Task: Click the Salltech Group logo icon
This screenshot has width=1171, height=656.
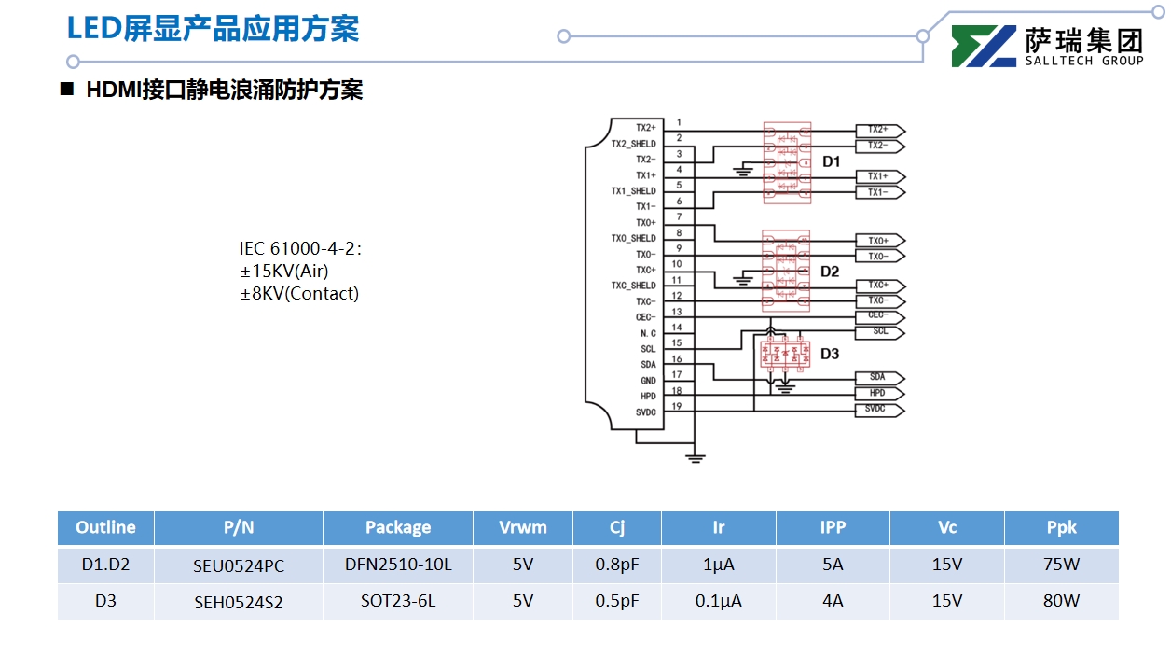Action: [x=984, y=47]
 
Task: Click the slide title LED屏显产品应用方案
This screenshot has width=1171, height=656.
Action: [x=213, y=28]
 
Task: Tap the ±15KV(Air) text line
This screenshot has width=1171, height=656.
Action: [x=284, y=271]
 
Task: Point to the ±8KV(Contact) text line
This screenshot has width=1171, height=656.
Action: [x=299, y=293]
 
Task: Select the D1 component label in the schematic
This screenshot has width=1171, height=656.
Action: [x=831, y=161]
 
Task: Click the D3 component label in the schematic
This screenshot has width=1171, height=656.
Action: [x=830, y=354]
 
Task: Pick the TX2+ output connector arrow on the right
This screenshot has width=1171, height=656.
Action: [x=879, y=130]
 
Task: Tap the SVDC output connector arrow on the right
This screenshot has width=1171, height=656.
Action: [x=878, y=409]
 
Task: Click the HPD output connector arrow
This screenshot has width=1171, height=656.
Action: [x=878, y=393]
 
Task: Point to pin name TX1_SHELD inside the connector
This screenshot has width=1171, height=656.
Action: [x=633, y=191]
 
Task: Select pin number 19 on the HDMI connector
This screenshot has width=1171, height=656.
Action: [x=677, y=406]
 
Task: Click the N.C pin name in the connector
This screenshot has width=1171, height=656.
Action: [x=647, y=333]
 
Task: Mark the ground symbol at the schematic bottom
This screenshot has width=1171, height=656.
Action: [x=695, y=457]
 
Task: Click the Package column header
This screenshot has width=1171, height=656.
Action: [x=398, y=527]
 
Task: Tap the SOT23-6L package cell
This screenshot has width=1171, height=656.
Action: [x=398, y=601]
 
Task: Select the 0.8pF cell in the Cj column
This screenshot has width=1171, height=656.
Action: [x=617, y=565]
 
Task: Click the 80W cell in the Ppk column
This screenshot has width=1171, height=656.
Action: [x=1061, y=601]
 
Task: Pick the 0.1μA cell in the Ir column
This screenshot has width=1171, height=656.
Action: [x=718, y=601]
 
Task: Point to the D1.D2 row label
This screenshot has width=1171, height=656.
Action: [x=105, y=565]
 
